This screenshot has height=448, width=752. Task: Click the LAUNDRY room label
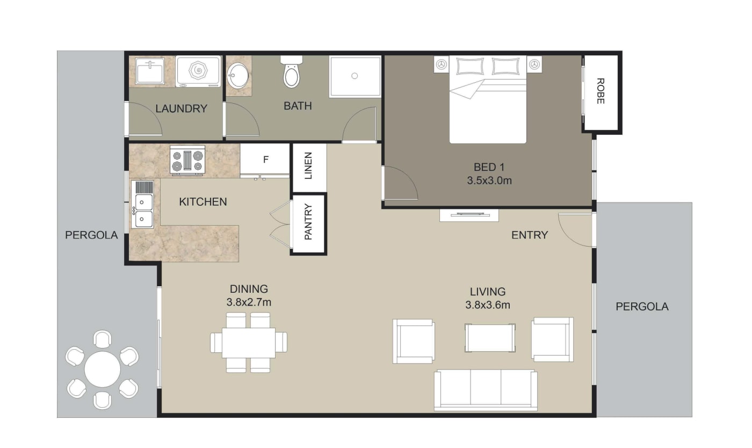point(181,109)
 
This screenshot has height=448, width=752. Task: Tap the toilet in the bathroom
point(291,75)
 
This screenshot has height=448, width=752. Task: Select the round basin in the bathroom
point(237,76)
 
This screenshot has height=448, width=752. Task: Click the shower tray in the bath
point(355,76)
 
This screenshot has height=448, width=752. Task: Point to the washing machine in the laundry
point(198,71)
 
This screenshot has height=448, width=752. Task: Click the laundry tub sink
point(150,71)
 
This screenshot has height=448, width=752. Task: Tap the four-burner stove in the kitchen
point(187,160)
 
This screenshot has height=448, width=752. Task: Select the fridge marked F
point(265,160)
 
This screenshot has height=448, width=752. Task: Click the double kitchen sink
point(143,210)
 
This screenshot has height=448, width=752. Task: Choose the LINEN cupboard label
point(308,167)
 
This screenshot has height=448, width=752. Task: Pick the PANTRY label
point(308,222)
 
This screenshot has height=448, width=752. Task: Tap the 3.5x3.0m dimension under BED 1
point(489,180)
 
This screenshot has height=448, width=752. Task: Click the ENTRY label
point(529,235)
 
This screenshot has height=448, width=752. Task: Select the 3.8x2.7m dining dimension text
point(249,302)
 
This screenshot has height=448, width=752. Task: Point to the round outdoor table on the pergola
point(102,370)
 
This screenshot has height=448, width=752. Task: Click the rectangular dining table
point(249,343)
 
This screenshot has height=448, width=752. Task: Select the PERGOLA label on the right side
point(642,307)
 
